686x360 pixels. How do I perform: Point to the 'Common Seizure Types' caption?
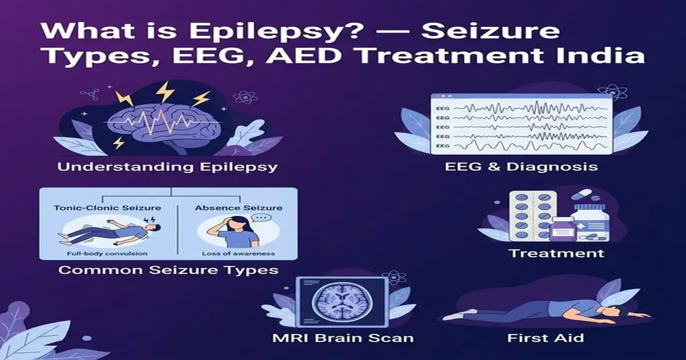pyautogui.click(x=169, y=269)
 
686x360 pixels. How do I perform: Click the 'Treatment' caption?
pyautogui.click(x=556, y=253)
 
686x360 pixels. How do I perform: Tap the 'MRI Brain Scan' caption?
pyautogui.click(x=344, y=338)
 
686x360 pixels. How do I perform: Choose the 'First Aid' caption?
pyautogui.click(x=545, y=338)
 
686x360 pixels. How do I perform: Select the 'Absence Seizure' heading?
pyautogui.click(x=238, y=207)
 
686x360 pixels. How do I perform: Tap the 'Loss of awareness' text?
pyautogui.click(x=238, y=253)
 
